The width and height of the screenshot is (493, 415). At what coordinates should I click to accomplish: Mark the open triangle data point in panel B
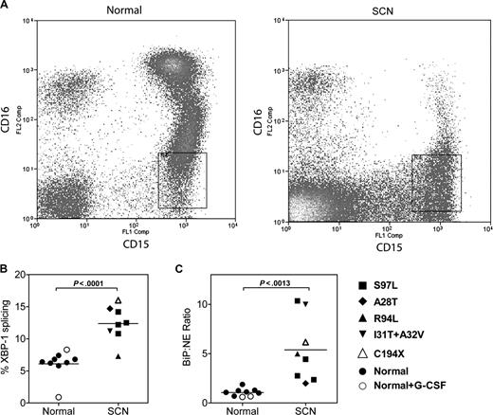[119, 303]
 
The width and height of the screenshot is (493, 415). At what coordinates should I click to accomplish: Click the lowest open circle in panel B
[60, 397]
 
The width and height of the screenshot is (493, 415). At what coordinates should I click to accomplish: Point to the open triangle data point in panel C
[304, 342]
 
